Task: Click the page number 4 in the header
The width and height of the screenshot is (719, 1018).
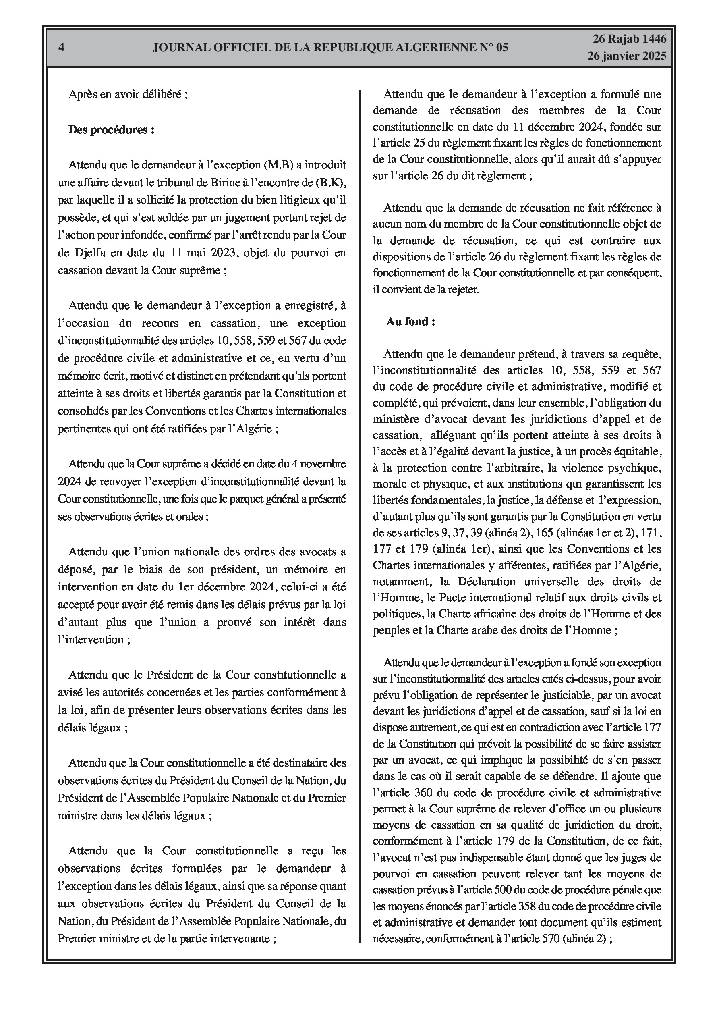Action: click(x=61, y=48)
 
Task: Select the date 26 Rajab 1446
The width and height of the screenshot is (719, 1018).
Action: click(x=630, y=39)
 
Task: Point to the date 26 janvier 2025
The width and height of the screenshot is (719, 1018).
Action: click(x=627, y=56)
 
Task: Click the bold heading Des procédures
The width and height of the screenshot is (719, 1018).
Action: click(x=111, y=130)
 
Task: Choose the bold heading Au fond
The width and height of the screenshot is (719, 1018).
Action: click(x=410, y=322)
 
